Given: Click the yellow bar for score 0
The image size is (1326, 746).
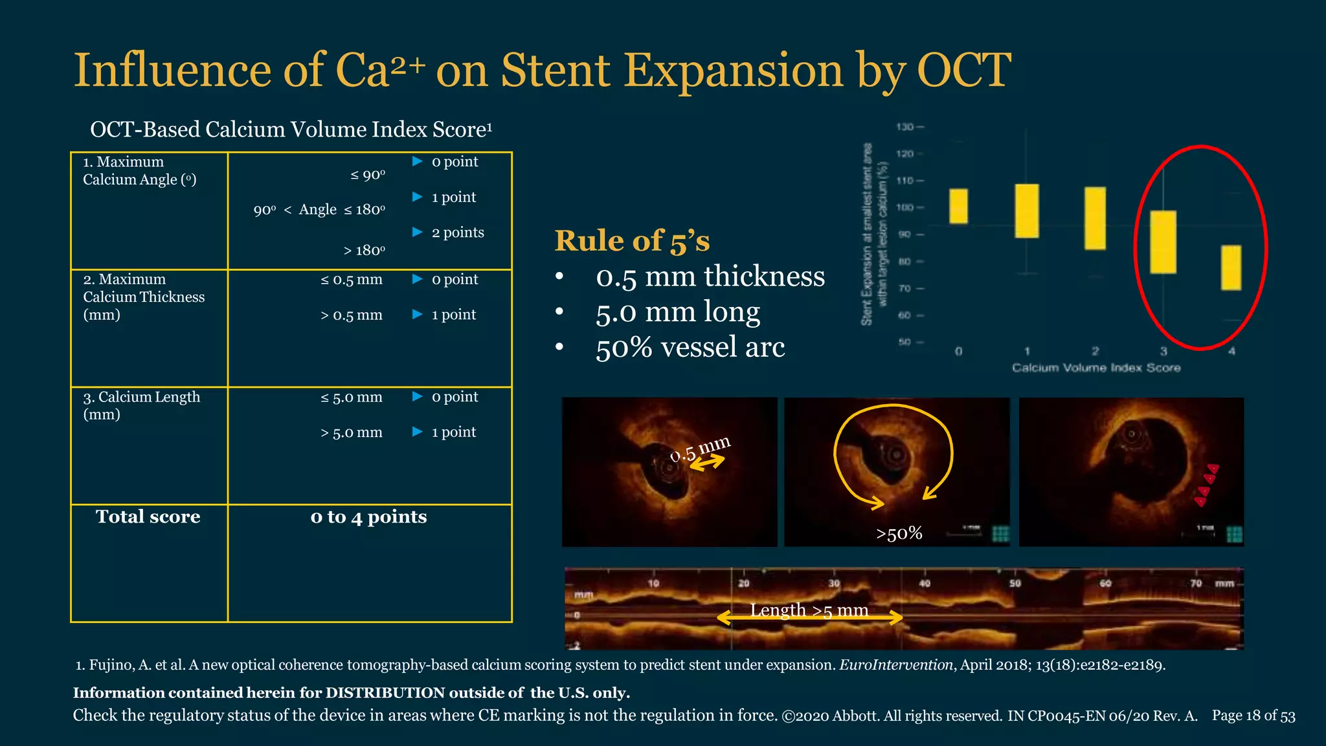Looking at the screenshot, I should [958, 206].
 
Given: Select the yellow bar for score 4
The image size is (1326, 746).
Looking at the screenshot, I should [1231, 267].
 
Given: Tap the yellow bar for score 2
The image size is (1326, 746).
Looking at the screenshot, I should [1095, 218].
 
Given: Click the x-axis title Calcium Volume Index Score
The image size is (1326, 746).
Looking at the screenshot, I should [1096, 368].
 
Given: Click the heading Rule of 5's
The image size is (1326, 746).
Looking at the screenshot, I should [632, 241].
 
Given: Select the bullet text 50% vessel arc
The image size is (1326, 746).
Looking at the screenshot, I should [690, 347].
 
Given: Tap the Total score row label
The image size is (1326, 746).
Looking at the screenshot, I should [148, 517].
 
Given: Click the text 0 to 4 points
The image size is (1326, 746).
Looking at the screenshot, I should [368, 517].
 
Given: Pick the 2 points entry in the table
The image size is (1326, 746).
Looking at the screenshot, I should [457, 232].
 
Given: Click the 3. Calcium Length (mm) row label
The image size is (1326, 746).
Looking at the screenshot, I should [142, 405].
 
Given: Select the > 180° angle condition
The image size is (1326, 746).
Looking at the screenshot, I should [364, 251].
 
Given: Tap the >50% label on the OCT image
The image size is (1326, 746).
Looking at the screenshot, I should [899, 534].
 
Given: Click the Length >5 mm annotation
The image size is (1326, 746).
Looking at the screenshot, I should [809, 610].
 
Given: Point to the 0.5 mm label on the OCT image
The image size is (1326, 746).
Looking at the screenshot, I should [700, 449].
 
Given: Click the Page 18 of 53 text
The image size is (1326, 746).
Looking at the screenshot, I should [1253, 716].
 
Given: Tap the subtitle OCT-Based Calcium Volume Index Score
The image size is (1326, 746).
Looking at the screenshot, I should [291, 130].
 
